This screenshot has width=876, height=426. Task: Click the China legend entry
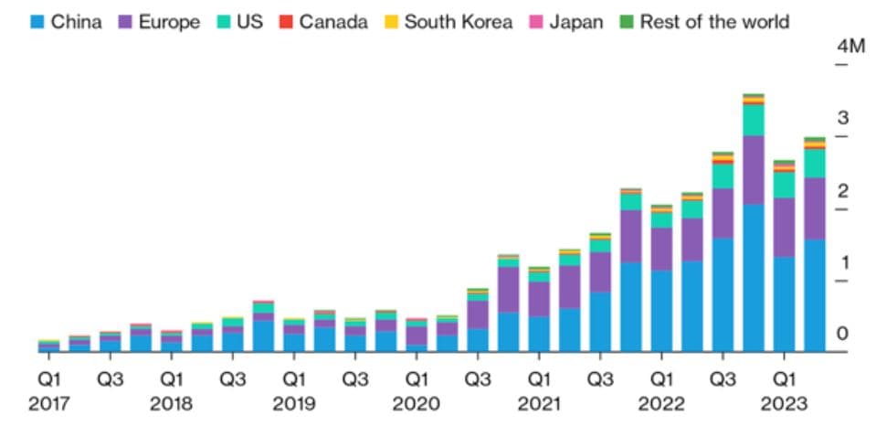[67, 21]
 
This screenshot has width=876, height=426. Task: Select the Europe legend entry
[160, 21]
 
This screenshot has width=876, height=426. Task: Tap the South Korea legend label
[458, 21]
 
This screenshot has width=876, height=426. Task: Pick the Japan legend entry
[576, 21]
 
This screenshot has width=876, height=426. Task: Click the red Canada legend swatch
[286, 21]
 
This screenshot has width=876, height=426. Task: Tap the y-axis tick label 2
[842, 191]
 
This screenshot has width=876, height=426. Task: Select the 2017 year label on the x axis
[48, 403]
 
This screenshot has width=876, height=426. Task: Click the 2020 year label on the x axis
[417, 403]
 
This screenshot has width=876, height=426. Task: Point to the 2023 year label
[784, 403]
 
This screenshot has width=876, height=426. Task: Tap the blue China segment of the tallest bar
[754, 278]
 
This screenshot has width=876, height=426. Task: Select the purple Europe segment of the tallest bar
[754, 170]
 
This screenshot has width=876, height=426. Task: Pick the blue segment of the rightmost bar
[815, 295]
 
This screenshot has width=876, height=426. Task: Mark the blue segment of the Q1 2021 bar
[539, 334]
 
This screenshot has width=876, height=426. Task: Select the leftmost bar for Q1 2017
[48, 346]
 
